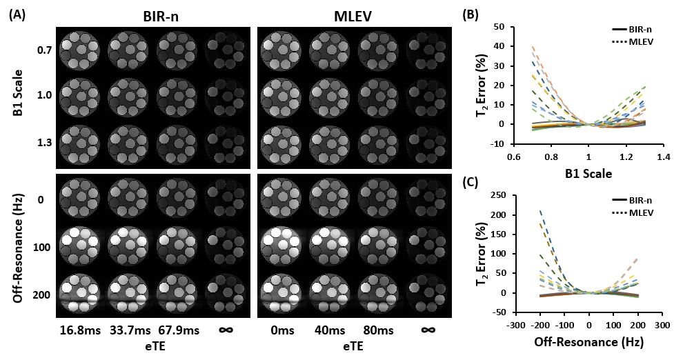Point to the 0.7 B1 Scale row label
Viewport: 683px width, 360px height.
click(x=44, y=50)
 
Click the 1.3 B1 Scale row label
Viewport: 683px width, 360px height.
click(x=44, y=143)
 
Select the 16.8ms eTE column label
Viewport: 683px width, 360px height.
click(x=81, y=330)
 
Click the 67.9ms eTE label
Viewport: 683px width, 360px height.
click(x=179, y=330)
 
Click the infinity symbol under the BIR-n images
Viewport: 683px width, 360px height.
click(x=226, y=330)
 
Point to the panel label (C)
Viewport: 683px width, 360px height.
click(x=471, y=183)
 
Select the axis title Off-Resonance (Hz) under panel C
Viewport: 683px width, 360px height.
click(x=588, y=342)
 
